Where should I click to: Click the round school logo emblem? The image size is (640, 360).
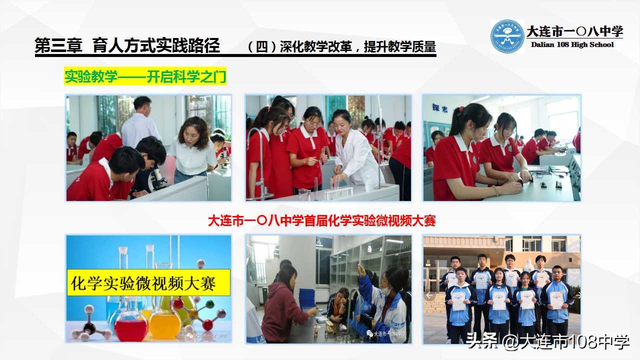coord(507,36)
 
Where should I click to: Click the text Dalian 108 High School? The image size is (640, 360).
coord(572,44)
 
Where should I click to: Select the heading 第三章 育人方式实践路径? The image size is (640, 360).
coord(127,46)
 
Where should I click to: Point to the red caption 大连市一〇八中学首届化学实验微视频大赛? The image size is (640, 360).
coord(321,220)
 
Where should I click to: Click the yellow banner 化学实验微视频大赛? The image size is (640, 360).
coord(148,282)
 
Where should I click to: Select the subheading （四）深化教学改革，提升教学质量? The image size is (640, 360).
coord(342,47)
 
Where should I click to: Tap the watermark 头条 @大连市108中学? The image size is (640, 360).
coord(547,342)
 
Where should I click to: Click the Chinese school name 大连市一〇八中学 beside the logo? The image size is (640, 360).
coord(574,31)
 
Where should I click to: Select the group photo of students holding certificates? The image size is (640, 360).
coord(501,289)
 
